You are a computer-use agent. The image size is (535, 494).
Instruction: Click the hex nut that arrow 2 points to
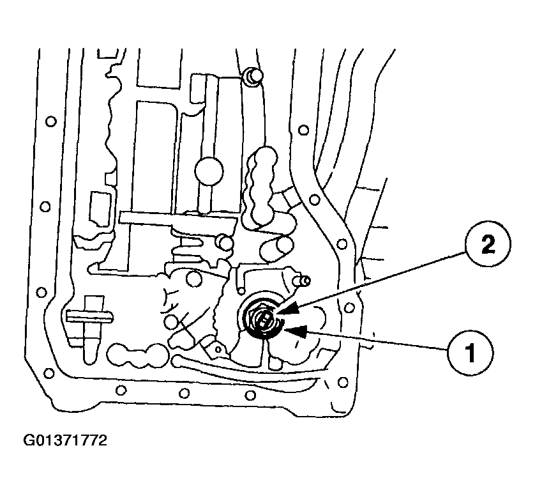pos(263,317)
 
